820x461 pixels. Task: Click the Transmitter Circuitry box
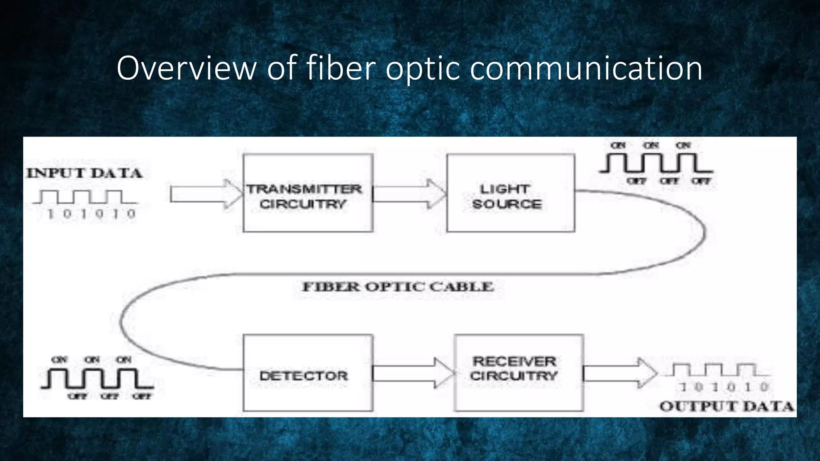308,193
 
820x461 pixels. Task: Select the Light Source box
510,193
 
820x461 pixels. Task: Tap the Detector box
308,373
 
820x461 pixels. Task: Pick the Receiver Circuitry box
519,373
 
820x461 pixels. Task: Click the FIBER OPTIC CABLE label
398,287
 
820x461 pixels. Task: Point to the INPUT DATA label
84,173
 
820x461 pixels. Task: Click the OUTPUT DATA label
727,406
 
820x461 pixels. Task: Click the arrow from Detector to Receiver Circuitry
412,373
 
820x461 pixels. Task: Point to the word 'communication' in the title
586,68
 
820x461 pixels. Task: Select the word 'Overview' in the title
186,68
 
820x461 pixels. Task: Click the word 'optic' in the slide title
423,68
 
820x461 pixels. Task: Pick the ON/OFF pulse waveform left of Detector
97,378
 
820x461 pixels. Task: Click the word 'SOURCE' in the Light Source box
507,204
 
